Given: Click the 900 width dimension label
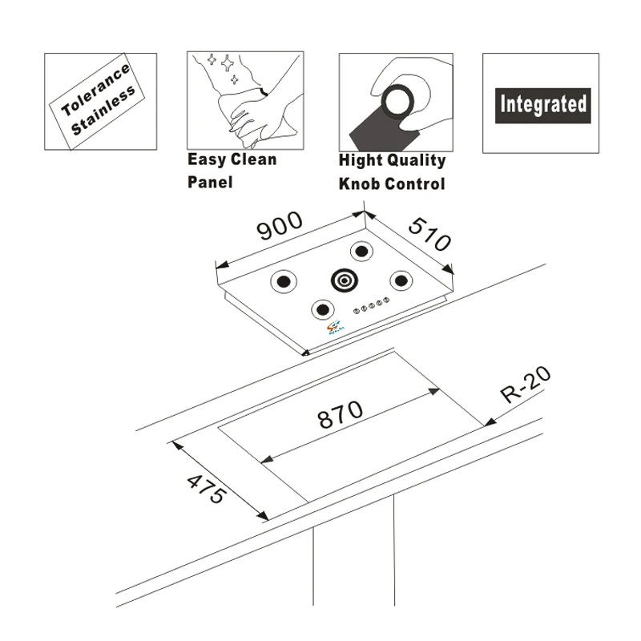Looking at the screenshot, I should pos(280,226).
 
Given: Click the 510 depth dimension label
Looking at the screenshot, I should pos(429,233).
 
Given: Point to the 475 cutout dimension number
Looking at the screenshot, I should pos(205,489).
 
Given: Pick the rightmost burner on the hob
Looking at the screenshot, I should pos(401,280).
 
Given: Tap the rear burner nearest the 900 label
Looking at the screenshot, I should pos(361,252).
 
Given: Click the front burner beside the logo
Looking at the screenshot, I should pos(322,309).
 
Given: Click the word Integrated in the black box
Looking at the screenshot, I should pos(542,104).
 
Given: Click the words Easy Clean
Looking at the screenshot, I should pos(232,159).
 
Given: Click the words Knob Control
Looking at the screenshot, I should pos(391,183).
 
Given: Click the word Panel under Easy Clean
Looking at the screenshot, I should pos(210,182).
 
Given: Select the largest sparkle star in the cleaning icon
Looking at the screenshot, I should pos(228,62).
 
